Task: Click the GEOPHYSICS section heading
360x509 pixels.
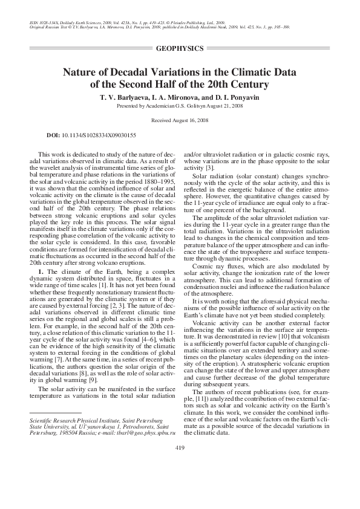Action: click(x=179, y=47)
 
